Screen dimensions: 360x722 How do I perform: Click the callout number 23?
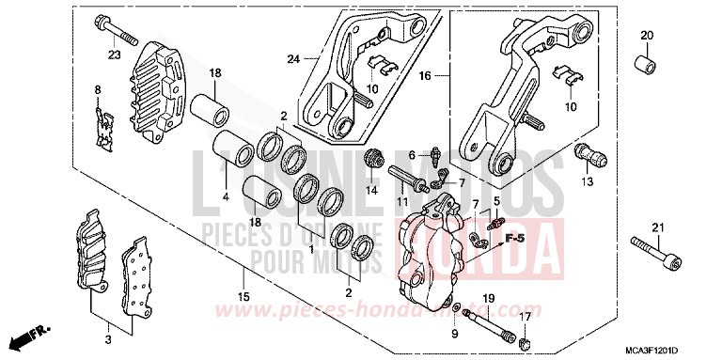point(115,55)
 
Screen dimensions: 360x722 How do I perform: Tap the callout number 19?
point(488,298)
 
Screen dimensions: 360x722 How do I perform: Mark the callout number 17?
point(525,317)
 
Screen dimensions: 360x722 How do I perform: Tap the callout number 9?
point(454,333)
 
